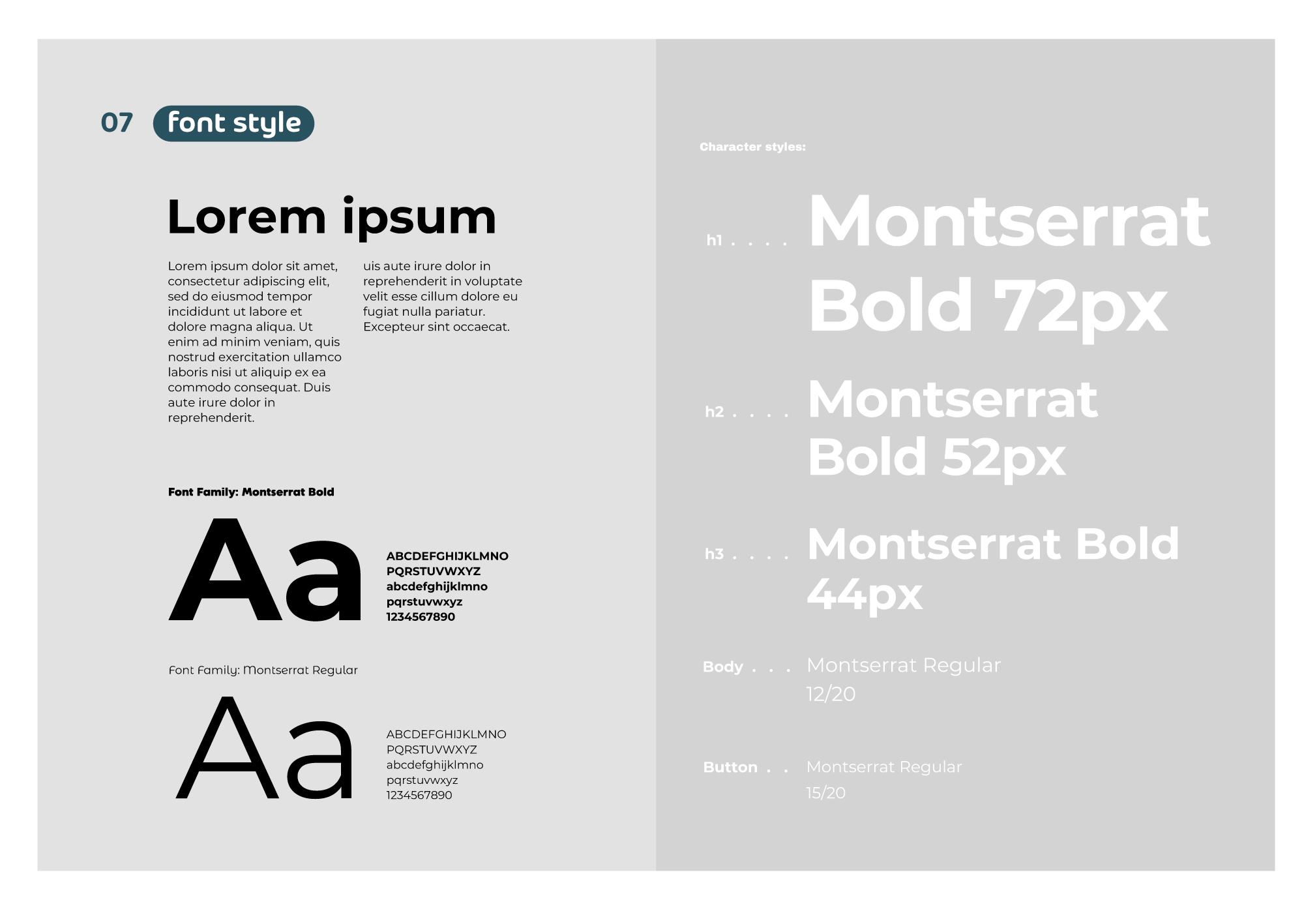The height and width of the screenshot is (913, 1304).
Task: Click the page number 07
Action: [117, 123]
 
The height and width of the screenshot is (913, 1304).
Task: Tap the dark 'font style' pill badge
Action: [233, 123]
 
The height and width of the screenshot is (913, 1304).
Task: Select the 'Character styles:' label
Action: [752, 147]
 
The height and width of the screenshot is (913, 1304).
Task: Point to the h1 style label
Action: [715, 240]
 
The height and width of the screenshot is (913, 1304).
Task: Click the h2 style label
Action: [715, 412]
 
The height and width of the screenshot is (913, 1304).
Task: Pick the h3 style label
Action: [715, 554]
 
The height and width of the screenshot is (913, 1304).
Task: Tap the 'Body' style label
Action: [723, 667]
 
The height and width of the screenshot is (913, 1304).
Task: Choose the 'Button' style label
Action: [730, 767]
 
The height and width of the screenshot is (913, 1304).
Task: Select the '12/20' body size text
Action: [831, 694]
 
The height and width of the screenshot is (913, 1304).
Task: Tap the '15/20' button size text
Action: [825, 793]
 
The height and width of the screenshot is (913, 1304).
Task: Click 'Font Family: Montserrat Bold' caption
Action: [251, 492]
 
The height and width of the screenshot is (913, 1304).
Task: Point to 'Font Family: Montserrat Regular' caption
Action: [263, 670]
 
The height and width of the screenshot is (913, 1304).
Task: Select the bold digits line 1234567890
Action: [421, 617]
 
